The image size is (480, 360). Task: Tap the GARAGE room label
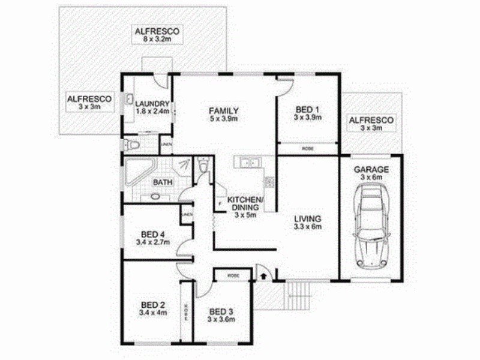click(371, 170)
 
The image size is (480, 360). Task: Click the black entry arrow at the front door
click(262, 275)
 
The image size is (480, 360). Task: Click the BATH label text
click(162, 182)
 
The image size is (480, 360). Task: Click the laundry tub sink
click(129, 100)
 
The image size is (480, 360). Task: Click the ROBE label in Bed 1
click(308, 148)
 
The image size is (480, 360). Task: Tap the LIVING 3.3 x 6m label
click(308, 223)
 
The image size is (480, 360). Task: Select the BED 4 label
click(153, 234)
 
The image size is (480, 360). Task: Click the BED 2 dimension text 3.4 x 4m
click(153, 312)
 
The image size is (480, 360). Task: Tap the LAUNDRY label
click(152, 103)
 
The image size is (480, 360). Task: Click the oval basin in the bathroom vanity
click(155, 195)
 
